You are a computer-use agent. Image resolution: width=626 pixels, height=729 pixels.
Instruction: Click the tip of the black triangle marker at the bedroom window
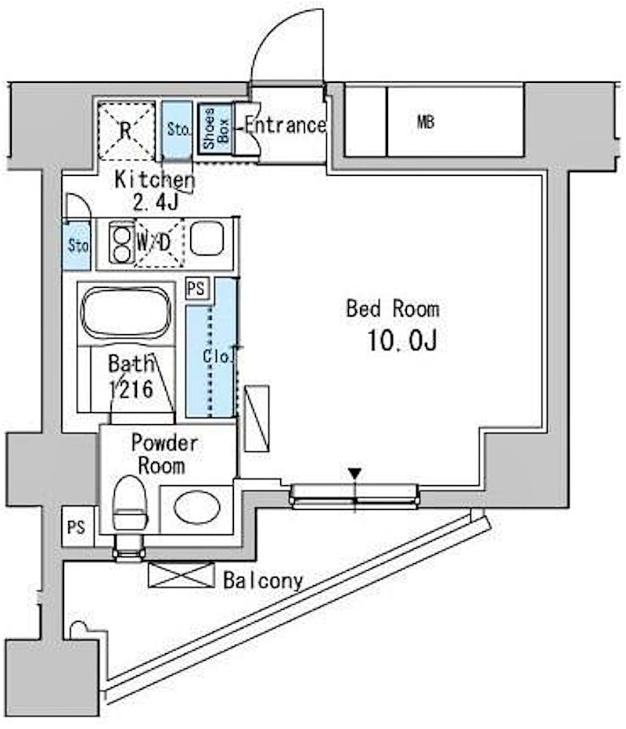pos(354,480)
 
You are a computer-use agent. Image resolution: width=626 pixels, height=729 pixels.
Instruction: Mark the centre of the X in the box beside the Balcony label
pos(182,575)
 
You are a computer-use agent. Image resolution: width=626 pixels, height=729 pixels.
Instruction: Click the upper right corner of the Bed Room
pos(542,175)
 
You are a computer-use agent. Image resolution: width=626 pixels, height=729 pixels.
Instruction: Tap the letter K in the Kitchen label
pos(120,179)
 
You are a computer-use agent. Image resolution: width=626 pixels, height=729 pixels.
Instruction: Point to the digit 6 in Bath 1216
pos(146,390)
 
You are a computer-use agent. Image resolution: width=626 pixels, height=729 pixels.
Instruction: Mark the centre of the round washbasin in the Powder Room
pos(196,508)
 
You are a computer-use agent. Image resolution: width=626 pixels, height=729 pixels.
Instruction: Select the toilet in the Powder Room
pos(130,505)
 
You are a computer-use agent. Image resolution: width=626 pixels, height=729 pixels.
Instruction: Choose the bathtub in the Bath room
pos(125,312)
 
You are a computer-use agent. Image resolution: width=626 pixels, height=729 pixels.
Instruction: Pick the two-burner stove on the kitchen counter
pos(121,242)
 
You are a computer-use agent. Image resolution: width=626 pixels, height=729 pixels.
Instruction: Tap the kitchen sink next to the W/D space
pos(207,238)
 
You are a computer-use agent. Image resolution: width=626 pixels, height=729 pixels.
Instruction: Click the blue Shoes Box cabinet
pos(215,127)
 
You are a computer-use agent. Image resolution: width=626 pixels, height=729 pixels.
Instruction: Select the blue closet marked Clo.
pos(211,347)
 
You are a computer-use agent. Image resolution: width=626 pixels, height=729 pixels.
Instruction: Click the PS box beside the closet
pos(196,289)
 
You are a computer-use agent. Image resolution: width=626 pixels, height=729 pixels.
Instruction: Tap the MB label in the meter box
pos(426,122)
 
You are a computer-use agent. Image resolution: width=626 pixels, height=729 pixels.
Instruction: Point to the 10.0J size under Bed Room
pos(402,340)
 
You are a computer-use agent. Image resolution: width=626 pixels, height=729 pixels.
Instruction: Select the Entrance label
pos(286,125)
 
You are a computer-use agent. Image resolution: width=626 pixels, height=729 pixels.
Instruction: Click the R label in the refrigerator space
pos(125,131)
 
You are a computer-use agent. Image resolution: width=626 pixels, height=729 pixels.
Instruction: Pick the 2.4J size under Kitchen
pos(156,202)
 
